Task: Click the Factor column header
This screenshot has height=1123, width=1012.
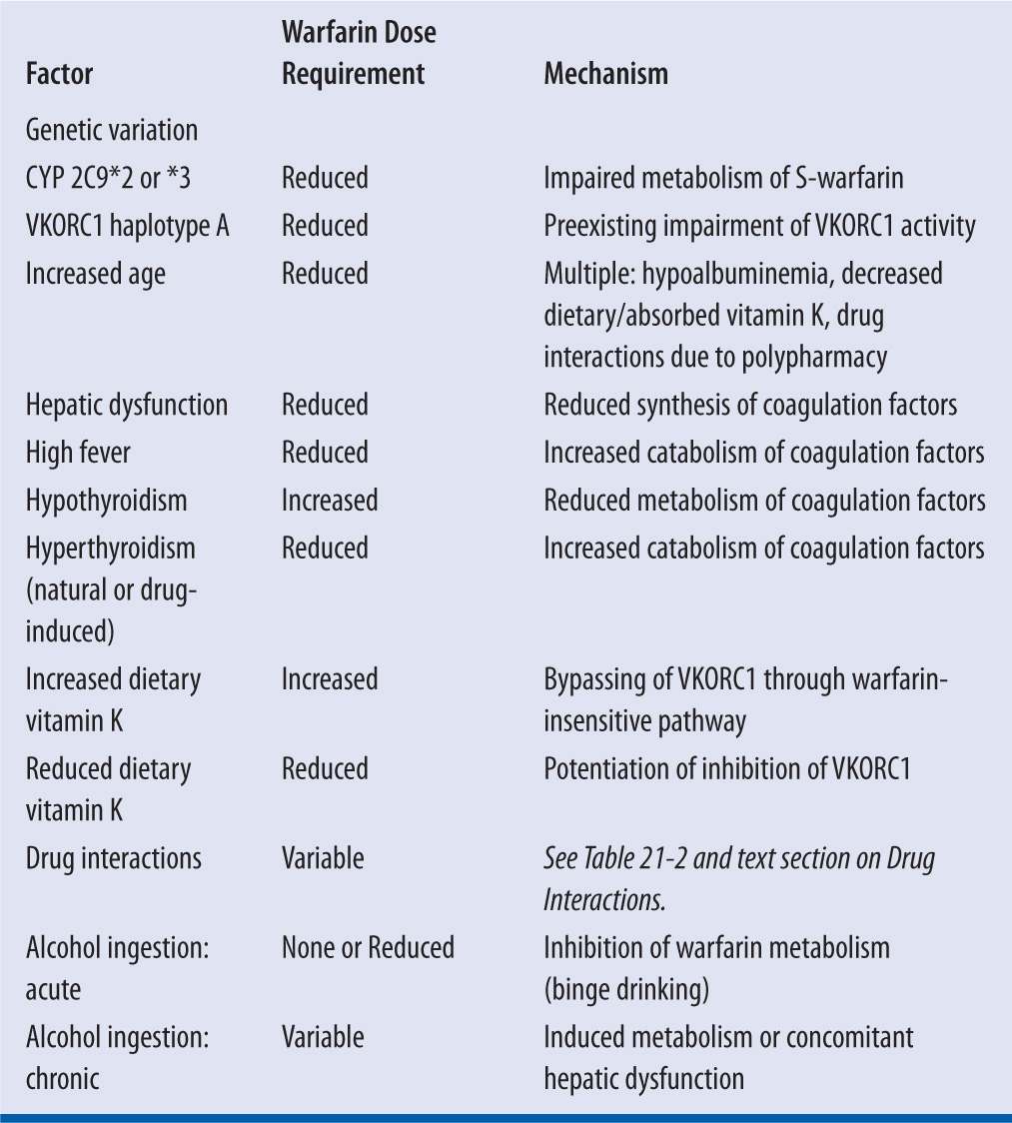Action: click(59, 75)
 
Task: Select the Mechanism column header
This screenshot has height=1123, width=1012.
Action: click(605, 75)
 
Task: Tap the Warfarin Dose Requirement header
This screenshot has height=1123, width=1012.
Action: click(358, 54)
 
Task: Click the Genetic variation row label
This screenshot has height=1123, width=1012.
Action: click(111, 130)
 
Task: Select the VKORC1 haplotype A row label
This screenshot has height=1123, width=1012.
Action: click(127, 226)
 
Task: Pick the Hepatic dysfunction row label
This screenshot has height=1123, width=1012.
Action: click(126, 405)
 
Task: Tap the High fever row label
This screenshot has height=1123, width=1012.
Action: click(78, 453)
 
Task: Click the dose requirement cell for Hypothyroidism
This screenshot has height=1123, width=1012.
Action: click(329, 500)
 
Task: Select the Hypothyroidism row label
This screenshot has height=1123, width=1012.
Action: click(106, 500)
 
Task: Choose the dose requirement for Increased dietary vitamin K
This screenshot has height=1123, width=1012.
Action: click(329, 679)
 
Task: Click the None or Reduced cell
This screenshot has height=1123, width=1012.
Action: click(367, 947)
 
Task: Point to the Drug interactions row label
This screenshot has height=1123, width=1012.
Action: click(113, 858)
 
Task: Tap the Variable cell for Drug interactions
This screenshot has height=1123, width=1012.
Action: click(322, 858)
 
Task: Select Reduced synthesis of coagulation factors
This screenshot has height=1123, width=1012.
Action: click(750, 405)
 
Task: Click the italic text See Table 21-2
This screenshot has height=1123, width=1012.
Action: click(628, 858)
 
